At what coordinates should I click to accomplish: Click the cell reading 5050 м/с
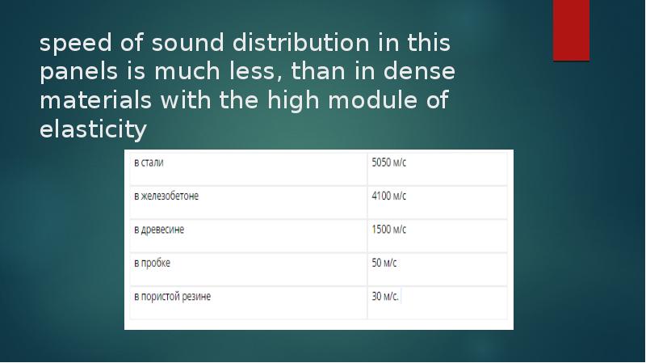[x=388, y=162]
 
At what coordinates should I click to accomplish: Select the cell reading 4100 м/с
[x=388, y=196]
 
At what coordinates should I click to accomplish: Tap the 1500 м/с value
[x=388, y=230]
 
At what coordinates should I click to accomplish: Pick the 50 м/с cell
[x=384, y=263]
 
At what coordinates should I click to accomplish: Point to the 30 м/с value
[x=385, y=297]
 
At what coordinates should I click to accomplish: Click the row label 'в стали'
[x=149, y=162]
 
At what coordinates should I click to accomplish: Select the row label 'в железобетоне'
[x=166, y=196]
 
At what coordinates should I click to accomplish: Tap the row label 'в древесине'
[x=159, y=230]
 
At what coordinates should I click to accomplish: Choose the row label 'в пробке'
[x=152, y=263]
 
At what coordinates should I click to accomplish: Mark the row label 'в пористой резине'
[x=172, y=297]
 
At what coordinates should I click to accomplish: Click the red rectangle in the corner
[x=571, y=30]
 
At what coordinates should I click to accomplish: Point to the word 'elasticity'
[x=94, y=129]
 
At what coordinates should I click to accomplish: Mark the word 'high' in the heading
[x=287, y=102]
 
